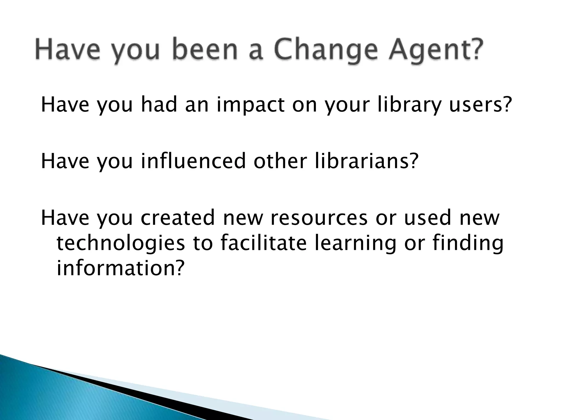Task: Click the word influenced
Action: click(x=193, y=161)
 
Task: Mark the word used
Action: click(x=427, y=218)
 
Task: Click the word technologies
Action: click(x=121, y=243)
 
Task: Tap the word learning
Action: click(x=355, y=243)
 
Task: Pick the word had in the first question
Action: click(x=159, y=105)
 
